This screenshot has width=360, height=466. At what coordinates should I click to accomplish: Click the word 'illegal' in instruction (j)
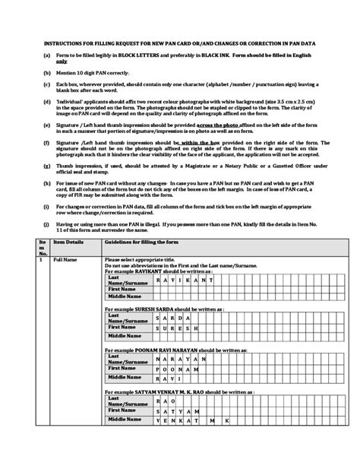(x=163, y=225)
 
